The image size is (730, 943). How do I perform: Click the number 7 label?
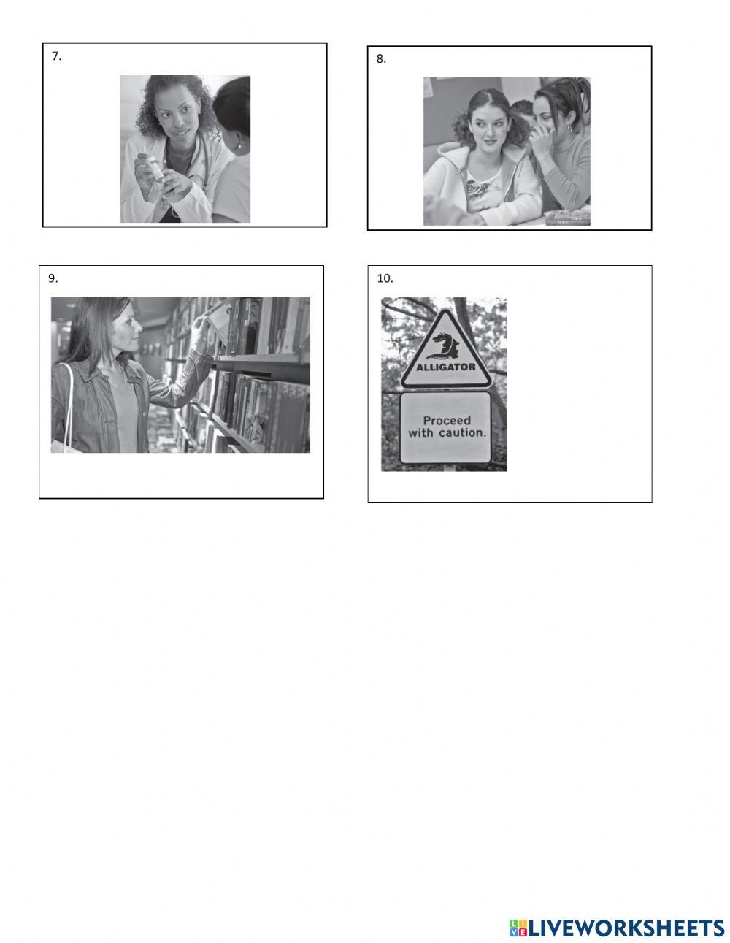point(56,56)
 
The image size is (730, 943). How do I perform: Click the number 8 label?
point(381,59)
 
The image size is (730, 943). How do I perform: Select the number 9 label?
point(53,278)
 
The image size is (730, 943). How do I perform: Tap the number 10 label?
point(385,278)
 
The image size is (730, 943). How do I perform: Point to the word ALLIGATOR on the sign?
point(446,367)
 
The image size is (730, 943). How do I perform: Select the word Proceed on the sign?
point(447,420)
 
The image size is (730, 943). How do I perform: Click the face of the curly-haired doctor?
point(179,117)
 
